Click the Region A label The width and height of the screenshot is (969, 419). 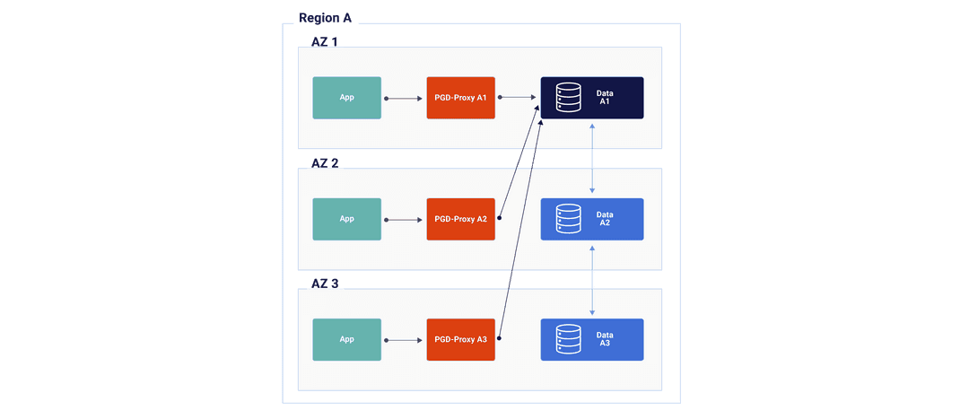[x=326, y=17]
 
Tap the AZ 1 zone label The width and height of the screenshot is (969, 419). [x=325, y=42]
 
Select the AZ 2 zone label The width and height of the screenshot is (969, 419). [x=325, y=163]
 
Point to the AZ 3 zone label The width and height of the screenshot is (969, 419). [x=325, y=284]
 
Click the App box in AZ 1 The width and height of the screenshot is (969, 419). [x=346, y=98]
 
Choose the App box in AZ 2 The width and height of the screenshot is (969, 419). [x=346, y=219]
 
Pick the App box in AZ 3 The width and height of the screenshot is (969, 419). [x=346, y=339]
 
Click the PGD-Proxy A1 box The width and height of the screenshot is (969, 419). [x=460, y=98]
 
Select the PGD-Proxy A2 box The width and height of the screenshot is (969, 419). [x=460, y=219]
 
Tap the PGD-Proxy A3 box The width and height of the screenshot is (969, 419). [x=460, y=339]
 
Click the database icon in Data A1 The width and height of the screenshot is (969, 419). [x=568, y=98]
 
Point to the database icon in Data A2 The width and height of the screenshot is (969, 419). [x=568, y=219]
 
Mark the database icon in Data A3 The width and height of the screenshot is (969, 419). [x=568, y=339]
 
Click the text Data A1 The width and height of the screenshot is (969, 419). [x=605, y=98]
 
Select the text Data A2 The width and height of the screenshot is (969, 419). [x=605, y=219]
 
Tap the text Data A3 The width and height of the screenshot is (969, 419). [x=605, y=339]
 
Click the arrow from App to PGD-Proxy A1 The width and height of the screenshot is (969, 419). [x=404, y=98]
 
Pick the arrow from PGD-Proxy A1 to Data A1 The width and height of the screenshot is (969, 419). [x=518, y=97]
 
